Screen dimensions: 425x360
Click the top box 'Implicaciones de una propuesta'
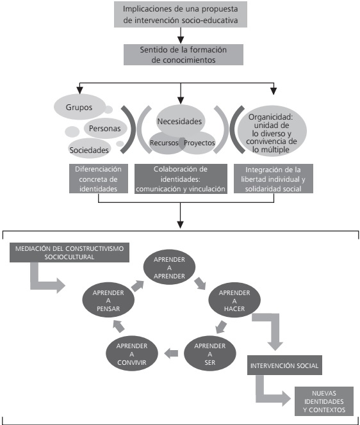coord(180,13)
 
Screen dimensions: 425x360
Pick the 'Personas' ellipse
coord(104,127)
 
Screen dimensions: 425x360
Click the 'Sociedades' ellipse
coord(89,149)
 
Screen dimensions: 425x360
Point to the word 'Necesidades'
coord(179,121)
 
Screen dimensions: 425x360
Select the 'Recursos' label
coord(163,142)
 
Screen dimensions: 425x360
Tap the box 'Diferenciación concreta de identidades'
coord(97,180)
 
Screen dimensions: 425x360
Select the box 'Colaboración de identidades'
coord(180,180)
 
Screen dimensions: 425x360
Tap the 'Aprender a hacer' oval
coord(230,300)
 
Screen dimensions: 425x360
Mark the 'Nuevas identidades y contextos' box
coord(321,401)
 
